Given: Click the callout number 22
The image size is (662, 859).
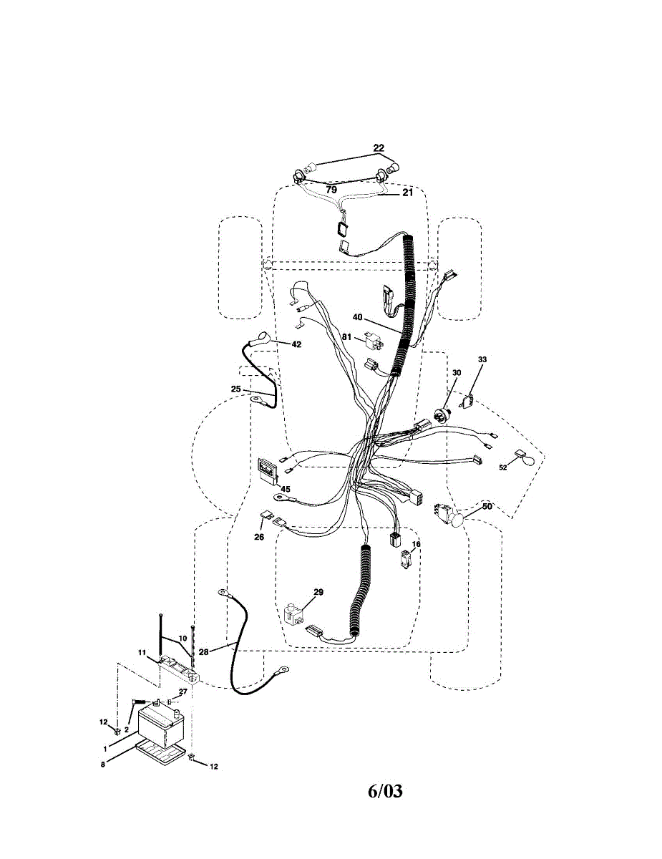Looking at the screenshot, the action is pos(378,148).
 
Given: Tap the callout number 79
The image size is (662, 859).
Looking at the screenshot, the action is pos(331,190).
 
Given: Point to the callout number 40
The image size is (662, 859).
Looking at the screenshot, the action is pos(357,316).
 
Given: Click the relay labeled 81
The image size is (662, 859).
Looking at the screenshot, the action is pos(374,339).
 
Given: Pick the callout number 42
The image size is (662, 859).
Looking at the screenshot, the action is pos(296,344).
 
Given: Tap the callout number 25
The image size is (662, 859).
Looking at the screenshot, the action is pos(235,389).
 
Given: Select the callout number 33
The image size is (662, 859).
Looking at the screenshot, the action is pos(482,359).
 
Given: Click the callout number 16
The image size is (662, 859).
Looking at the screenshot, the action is pos(416,544).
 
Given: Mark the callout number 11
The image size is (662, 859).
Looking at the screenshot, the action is pos(142,651).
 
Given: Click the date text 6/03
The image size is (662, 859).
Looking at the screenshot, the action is pos(385,792).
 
